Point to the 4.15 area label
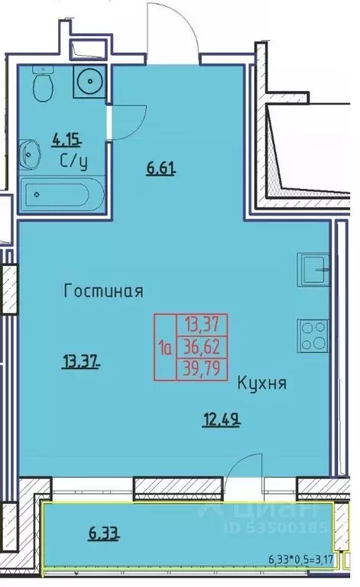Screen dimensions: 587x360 66,140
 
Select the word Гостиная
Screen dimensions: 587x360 104,291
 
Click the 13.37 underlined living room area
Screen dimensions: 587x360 80,362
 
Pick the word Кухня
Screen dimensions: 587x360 261,384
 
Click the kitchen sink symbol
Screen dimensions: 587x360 316,268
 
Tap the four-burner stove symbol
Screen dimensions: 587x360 314,334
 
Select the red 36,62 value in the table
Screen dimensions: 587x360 203,348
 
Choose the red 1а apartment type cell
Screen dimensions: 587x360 164,349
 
